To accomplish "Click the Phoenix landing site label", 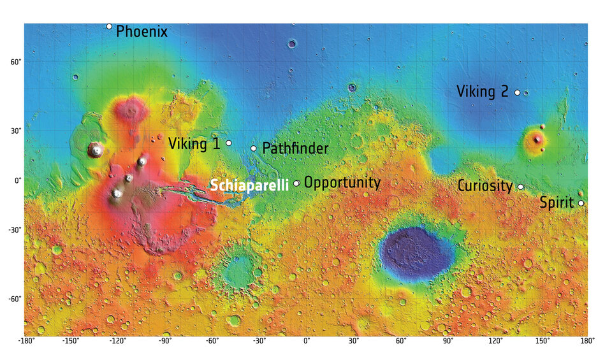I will point(142,31).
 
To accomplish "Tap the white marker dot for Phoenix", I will point(109,26).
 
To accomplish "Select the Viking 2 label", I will point(482,92).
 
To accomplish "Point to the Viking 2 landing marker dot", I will point(517,92).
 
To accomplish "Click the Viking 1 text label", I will point(194,144).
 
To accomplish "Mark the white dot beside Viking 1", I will point(229,143).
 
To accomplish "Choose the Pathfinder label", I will point(295,149).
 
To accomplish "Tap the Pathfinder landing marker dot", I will point(253,148).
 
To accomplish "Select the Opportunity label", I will point(342,183).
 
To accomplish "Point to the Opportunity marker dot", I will point(296,183).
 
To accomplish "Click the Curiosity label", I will point(484,186).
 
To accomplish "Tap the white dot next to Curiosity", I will point(520,187).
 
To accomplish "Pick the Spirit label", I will point(557,203).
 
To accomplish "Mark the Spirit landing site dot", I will point(581,203).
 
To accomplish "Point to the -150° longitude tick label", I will point(70,342).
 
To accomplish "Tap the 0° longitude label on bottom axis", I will point(306,342).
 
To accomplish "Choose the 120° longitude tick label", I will point(495,342).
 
